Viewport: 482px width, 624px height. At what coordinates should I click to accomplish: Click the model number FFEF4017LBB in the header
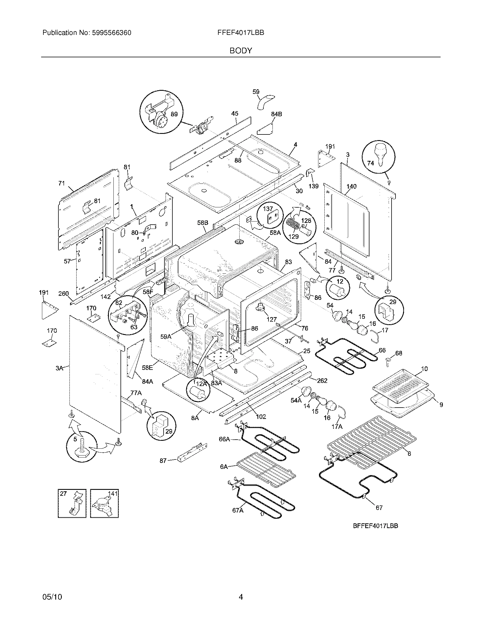[241, 33]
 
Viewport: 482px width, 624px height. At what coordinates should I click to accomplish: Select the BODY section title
[241, 51]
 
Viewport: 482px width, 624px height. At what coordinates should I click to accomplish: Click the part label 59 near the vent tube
[256, 92]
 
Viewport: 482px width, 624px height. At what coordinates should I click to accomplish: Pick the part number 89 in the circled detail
[174, 114]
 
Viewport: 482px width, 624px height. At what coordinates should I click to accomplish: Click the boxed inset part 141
[104, 503]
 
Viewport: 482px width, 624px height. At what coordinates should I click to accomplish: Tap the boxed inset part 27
[72, 503]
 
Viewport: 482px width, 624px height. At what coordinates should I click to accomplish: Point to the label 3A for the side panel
[59, 368]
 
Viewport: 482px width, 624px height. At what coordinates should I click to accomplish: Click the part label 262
[322, 381]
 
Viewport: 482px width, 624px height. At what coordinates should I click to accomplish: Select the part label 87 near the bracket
[163, 461]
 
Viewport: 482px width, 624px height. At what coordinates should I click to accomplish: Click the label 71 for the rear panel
[62, 184]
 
